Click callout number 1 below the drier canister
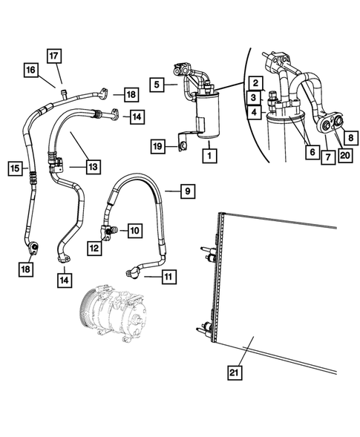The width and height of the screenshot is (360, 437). [x=211, y=157]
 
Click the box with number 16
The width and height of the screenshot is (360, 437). [x=30, y=70]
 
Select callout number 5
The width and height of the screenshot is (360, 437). [x=157, y=85]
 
